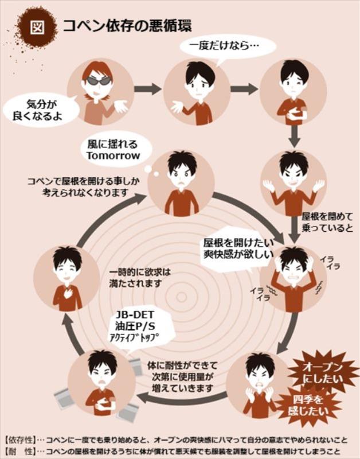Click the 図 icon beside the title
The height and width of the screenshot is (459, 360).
coord(37,27)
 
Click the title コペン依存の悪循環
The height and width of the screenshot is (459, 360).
coord(127,26)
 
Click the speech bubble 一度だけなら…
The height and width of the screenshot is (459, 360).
coord(227,48)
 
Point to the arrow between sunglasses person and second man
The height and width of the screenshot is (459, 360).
coord(148,88)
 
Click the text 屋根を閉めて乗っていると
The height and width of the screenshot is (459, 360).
coord(327,222)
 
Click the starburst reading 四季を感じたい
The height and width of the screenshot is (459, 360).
coord(308,406)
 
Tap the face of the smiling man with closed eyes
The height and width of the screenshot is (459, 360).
coord(66,269)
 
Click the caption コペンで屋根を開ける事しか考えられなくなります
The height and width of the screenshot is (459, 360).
coord(83,187)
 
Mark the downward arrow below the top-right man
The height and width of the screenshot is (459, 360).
coord(295,136)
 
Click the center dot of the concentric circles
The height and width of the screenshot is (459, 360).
coord(182,297)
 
